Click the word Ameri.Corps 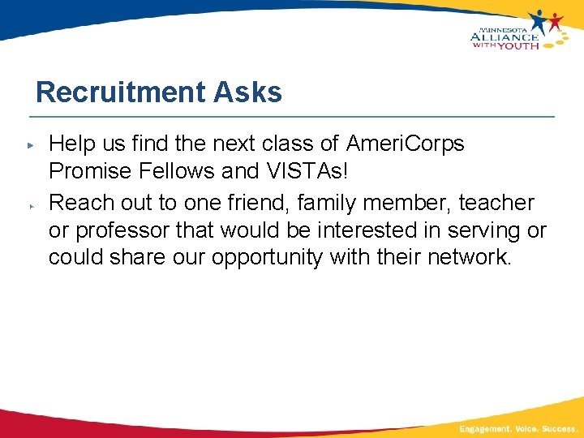point(405,144)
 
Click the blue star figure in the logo point(539,20)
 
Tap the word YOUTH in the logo point(518,45)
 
